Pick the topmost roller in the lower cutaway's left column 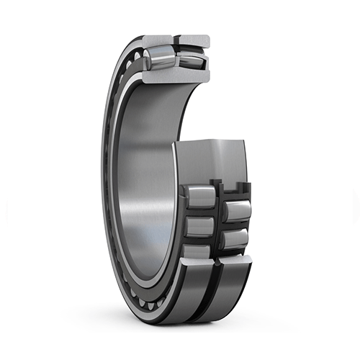coord(200,195)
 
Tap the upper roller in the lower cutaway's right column coord(235,210)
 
